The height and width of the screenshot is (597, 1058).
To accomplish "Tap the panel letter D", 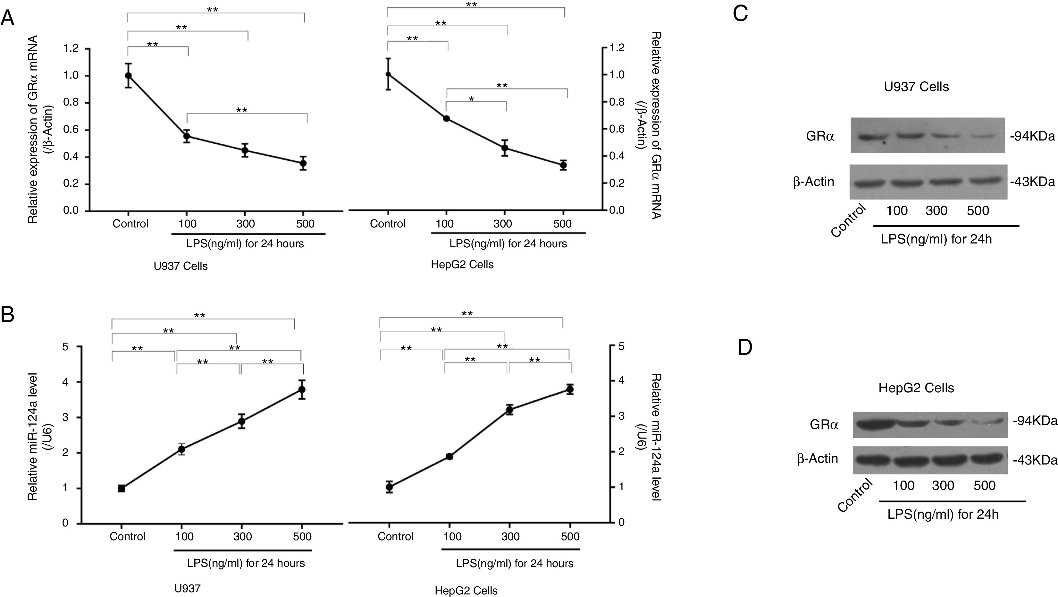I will (745, 347).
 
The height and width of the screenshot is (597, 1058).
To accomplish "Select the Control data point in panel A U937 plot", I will (129, 76).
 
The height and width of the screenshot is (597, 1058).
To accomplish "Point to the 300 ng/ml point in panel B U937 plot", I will (241, 421).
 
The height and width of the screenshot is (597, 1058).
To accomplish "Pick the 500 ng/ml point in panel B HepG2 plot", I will (570, 389).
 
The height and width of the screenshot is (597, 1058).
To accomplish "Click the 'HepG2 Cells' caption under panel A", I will (462, 265).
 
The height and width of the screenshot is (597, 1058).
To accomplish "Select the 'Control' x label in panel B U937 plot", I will (127, 537).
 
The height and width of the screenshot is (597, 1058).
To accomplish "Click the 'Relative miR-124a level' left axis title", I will (33, 436).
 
